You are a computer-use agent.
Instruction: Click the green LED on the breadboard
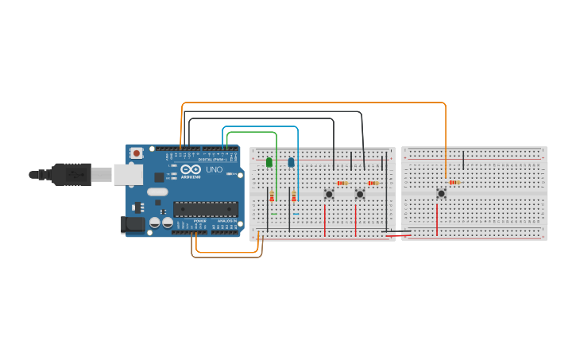(269, 162)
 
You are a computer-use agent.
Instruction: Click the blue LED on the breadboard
(291, 162)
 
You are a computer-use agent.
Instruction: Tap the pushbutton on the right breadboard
(441, 193)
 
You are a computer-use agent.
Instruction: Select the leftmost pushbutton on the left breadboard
(329, 194)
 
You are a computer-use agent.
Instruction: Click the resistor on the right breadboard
(454, 182)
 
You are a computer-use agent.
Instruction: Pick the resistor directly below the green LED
(272, 196)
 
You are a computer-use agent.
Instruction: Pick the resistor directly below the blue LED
(294, 196)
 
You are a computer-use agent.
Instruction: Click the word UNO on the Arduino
(215, 169)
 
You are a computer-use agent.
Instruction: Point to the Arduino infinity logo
(191, 169)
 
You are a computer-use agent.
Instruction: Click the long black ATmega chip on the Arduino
(206, 209)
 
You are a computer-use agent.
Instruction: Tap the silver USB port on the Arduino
(127, 174)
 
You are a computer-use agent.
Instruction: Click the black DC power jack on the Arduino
(132, 225)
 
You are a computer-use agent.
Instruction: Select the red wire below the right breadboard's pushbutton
(437, 219)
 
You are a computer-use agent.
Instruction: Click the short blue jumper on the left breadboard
(296, 213)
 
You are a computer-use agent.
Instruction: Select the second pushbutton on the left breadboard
(359, 194)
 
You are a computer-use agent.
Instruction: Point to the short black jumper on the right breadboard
(463, 160)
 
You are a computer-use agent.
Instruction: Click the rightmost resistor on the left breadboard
(373, 183)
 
